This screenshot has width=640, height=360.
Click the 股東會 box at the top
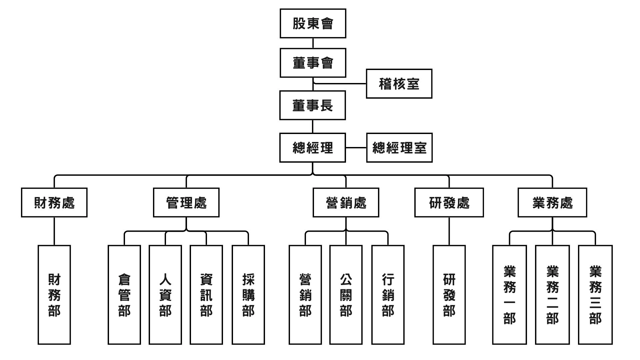(313, 23)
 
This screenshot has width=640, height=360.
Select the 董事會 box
(313, 63)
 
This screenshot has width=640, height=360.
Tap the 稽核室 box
(399, 84)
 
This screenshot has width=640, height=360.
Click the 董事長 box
(312, 105)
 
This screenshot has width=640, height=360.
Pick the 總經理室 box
(399, 148)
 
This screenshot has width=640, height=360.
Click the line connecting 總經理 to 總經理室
(356, 148)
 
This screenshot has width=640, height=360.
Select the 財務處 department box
(54, 203)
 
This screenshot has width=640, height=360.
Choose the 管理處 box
(186, 203)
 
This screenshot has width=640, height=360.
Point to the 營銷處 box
(346, 203)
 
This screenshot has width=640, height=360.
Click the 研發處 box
(449, 203)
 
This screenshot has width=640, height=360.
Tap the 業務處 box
(552, 203)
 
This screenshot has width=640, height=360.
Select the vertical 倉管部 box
(124, 295)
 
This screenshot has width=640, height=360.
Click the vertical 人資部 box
(165, 295)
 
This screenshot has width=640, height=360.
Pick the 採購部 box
(248, 295)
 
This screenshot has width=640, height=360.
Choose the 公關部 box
(346, 295)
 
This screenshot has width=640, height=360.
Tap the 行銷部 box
(388, 295)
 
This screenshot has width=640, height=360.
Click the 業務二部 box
(552, 295)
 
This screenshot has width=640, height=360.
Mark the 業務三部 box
(595, 295)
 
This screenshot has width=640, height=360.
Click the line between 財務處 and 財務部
(54, 231)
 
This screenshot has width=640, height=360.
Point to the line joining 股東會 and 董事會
(313, 43)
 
